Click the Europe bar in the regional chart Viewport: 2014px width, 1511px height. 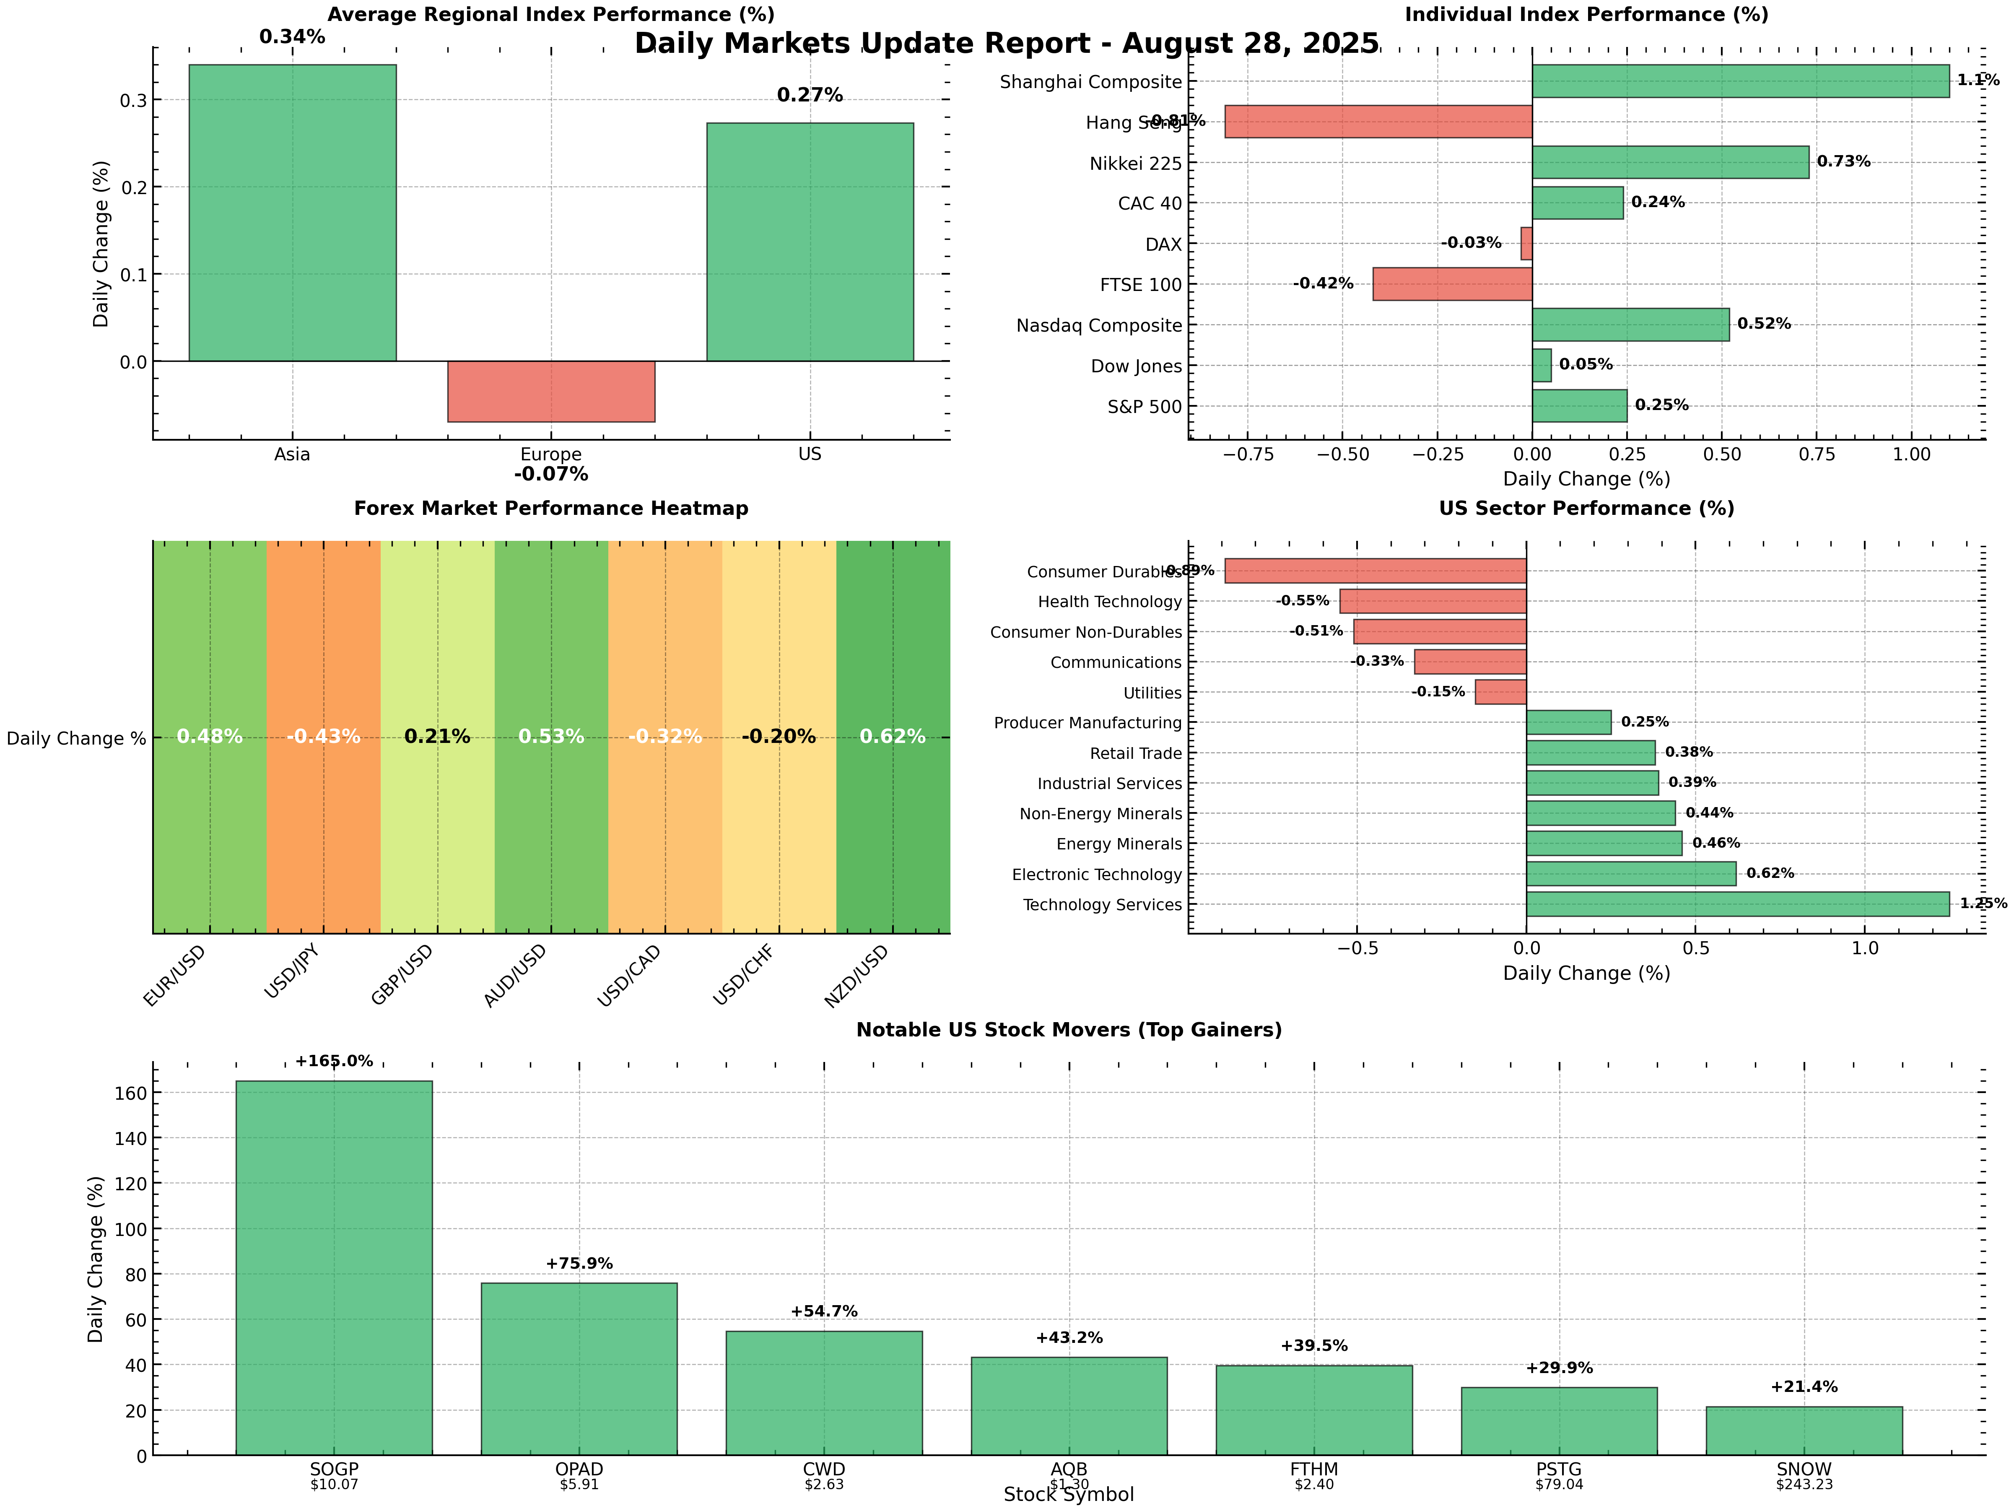click(551, 392)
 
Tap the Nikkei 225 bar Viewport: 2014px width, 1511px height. click(1670, 162)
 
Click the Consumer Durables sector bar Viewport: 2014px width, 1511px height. click(1375, 571)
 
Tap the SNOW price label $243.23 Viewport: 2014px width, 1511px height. click(1804, 1485)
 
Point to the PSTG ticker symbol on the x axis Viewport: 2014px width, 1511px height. click(1559, 1469)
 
